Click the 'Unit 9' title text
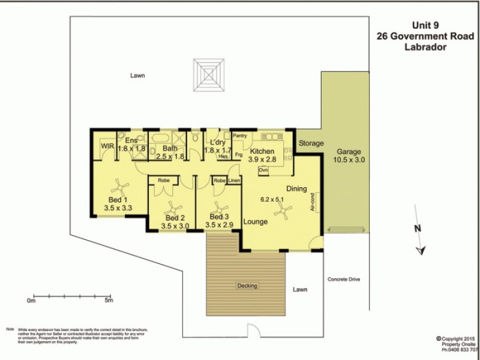coord(425,25)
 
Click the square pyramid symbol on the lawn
coord(209,75)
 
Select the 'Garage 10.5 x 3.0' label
coord(349,156)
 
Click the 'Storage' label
coord(311,144)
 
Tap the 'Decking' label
coord(247,285)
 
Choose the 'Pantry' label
coord(239,136)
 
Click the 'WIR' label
coord(107,146)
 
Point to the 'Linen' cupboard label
coord(234,181)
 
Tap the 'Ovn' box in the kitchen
coord(263,171)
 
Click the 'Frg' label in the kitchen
coord(238,155)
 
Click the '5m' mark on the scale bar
coord(108,301)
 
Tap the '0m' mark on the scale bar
coord(31,301)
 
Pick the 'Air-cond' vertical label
coord(313,202)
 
